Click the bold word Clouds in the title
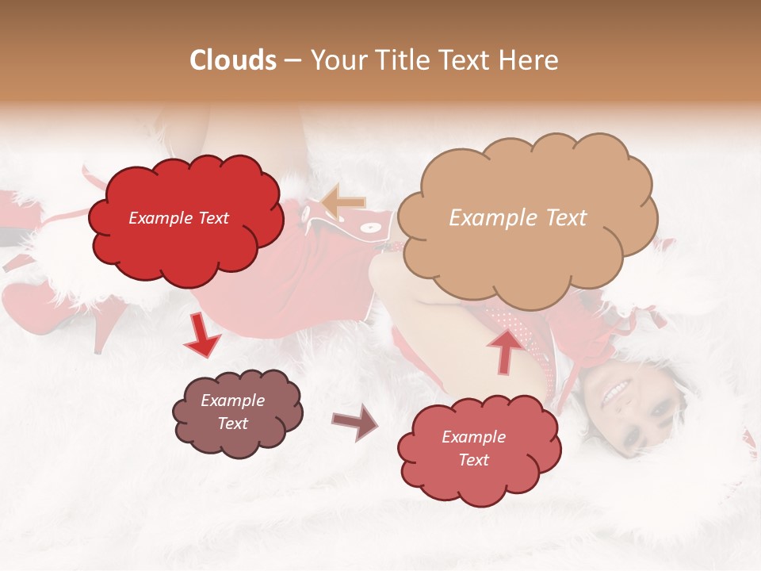(233, 60)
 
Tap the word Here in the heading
(530, 60)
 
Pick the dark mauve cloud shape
(237, 413)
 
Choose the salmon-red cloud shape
(479, 449)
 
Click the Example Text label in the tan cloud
(518, 218)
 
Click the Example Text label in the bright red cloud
(178, 218)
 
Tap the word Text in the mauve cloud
(232, 423)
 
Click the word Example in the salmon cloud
(473, 437)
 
